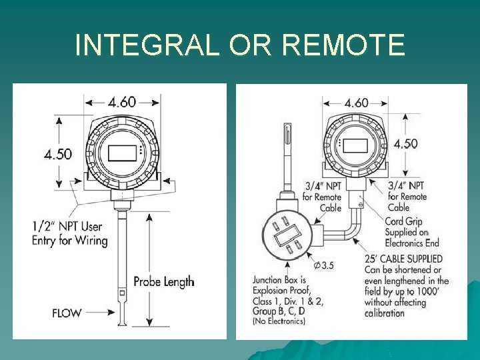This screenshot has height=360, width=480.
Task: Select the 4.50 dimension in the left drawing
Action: pos(58,153)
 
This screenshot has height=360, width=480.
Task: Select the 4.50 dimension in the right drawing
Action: pos(405,144)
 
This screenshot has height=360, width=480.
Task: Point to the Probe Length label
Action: pos(164,281)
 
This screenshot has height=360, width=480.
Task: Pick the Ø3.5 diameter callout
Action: pos(323,266)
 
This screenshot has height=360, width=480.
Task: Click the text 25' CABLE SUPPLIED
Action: pos(403,259)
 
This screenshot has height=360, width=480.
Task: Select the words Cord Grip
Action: pos(403,221)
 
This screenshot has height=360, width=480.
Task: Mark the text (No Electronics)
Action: pos(279,321)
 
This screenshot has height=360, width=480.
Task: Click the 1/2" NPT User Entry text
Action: pos(70,233)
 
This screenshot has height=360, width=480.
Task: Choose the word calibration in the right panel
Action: pos(384,313)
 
